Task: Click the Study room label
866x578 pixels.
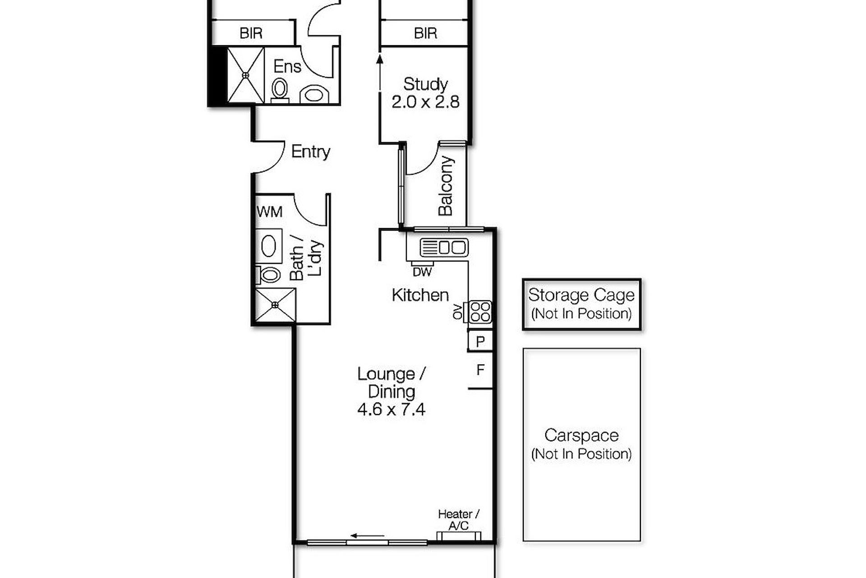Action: point(425,84)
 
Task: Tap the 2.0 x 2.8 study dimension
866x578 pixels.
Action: point(425,102)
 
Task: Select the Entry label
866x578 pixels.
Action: point(310,152)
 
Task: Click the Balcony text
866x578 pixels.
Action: point(446,186)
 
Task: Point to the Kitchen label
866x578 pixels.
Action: point(420,295)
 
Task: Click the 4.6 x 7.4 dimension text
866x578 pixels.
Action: point(391,410)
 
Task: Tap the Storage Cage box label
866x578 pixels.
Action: point(581,295)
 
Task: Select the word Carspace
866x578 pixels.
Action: point(581,435)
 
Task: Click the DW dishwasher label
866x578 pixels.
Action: point(422,272)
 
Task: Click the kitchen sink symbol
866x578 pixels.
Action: point(444,247)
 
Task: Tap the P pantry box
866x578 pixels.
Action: point(480,341)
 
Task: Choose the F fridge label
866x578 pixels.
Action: point(480,370)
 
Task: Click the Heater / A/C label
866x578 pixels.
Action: point(459,520)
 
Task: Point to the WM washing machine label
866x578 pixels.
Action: point(270,212)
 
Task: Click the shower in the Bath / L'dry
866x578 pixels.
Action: point(276,305)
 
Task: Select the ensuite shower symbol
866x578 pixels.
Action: point(245,75)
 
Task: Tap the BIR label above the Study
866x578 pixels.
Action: point(425,33)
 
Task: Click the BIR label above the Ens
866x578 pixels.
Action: point(251,33)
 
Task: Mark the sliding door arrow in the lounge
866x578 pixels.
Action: point(368,536)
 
